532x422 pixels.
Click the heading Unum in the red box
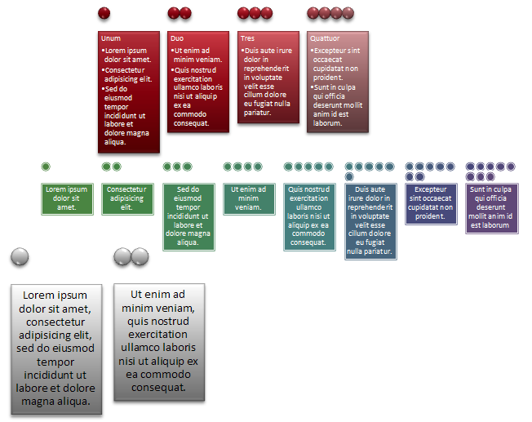point(111,38)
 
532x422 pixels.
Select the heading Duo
point(177,38)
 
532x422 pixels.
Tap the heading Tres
point(247,38)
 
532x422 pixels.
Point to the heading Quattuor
point(326,38)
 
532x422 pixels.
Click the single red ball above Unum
point(104,13)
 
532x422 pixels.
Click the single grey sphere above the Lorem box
point(20,257)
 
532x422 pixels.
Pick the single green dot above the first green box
point(46,167)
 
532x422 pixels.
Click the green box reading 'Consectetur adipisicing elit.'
point(126,199)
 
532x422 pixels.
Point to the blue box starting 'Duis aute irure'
point(370,221)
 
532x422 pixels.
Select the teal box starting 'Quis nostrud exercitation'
point(309,216)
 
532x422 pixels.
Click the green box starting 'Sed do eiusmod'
point(188,216)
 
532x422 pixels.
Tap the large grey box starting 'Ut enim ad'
point(159,341)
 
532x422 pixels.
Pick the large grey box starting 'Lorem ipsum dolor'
point(56,349)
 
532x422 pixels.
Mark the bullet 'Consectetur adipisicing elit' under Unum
point(128,74)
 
